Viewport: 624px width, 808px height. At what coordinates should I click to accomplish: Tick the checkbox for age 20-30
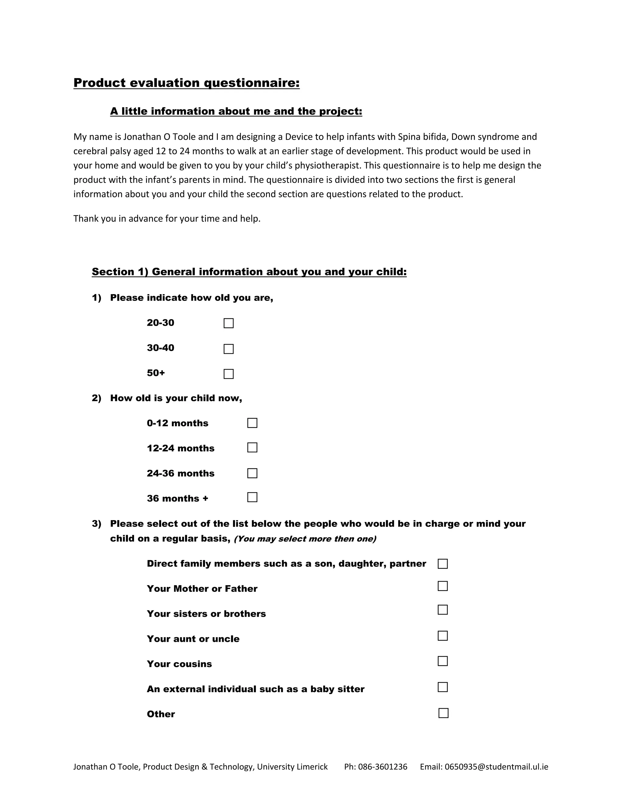[x=229, y=323]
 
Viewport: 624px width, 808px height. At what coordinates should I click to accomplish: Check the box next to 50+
[x=229, y=374]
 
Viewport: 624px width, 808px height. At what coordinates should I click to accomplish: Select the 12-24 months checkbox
[x=252, y=447]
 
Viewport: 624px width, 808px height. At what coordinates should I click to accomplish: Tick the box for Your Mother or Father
[x=442, y=586]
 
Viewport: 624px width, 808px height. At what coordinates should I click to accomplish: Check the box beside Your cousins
[x=442, y=661]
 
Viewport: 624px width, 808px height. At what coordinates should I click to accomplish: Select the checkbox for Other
[x=443, y=713]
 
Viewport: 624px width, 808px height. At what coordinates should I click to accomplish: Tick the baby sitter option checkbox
[x=442, y=687]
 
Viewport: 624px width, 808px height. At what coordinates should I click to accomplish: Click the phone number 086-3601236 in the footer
[x=382, y=767]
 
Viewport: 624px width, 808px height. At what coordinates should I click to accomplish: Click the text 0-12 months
[x=177, y=423]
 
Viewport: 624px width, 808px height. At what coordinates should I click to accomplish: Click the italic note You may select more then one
[x=305, y=539]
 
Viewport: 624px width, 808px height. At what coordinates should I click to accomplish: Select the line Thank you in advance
[x=167, y=219]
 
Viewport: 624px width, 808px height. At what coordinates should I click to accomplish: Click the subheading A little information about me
[x=236, y=111]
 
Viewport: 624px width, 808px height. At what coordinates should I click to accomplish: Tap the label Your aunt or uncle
[x=193, y=638]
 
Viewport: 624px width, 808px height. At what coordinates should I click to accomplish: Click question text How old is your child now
[x=176, y=398]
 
